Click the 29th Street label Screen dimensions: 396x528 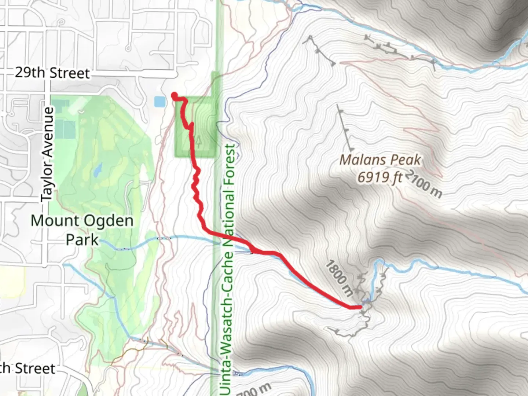(52, 73)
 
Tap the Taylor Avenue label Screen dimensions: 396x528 (47, 154)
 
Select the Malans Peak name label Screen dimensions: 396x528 (380, 160)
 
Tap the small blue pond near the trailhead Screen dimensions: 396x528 (159, 102)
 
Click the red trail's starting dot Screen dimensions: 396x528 (174, 95)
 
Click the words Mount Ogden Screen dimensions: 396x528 (82, 221)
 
